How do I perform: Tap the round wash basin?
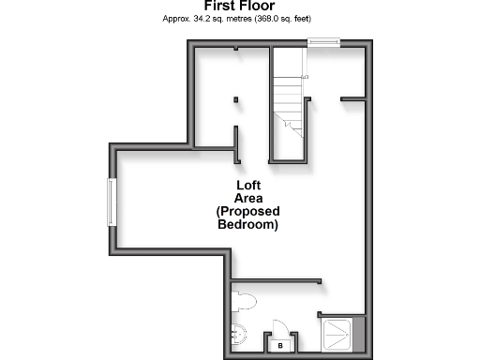tap(238, 332)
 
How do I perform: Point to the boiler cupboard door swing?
tap(279, 328)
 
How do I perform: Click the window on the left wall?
tap(112, 202)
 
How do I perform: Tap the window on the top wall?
tap(323, 40)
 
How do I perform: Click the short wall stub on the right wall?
tap(352, 97)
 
